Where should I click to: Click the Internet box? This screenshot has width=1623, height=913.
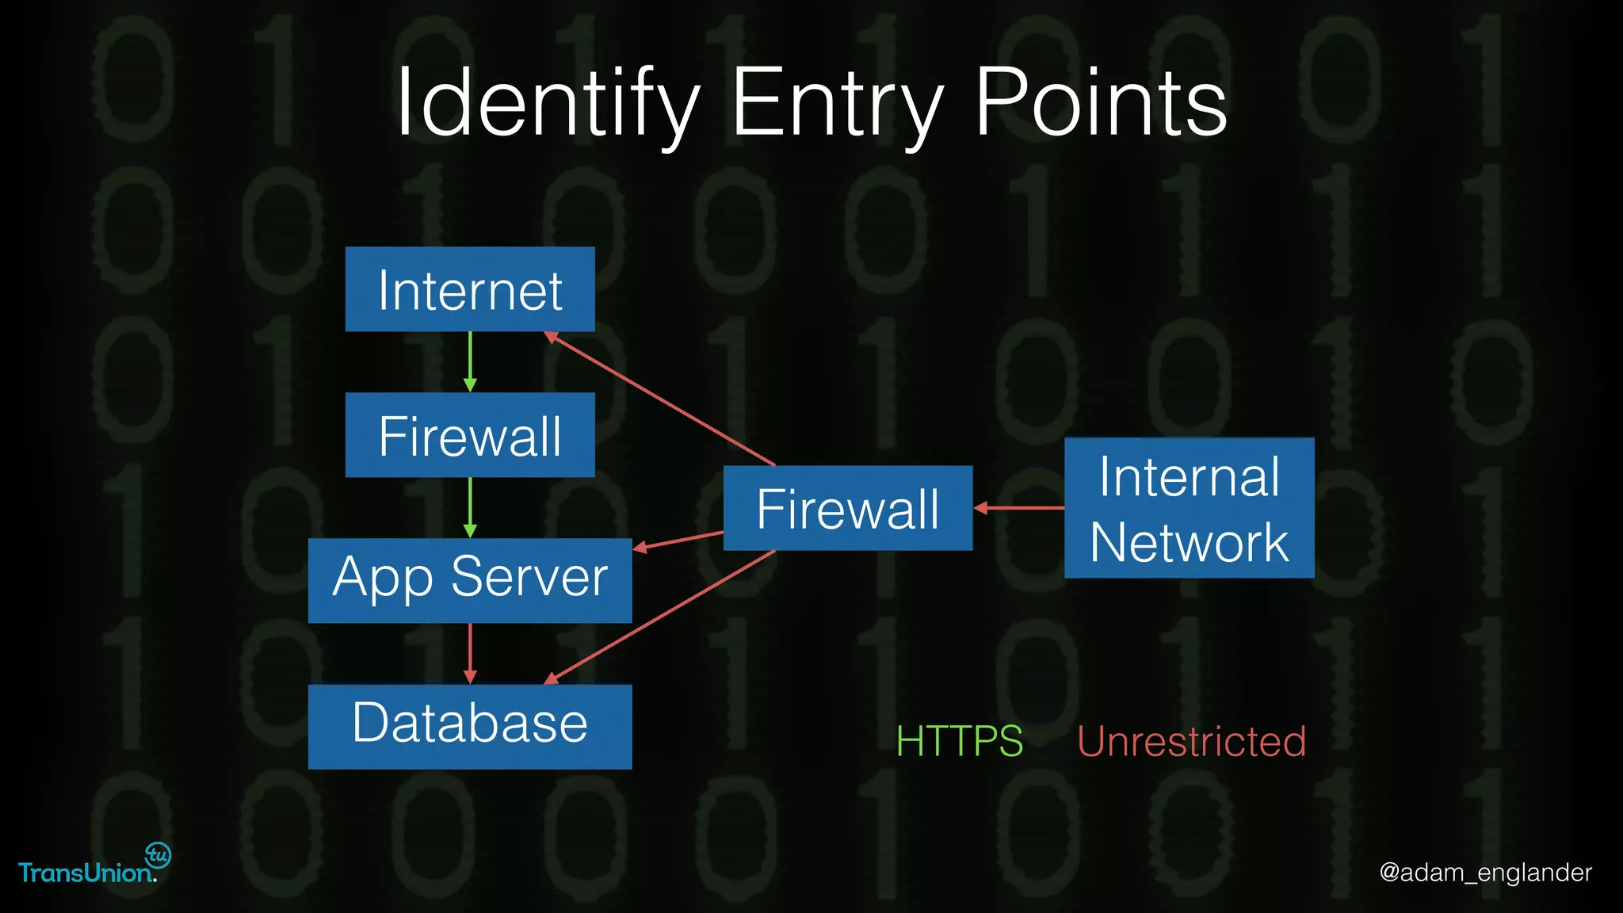tap(470, 289)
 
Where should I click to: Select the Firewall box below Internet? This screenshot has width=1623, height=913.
tap(470, 435)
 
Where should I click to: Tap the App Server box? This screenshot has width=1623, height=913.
tap(470, 580)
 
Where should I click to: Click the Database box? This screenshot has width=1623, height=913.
tap(470, 726)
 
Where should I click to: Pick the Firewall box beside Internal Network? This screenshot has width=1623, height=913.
tap(848, 508)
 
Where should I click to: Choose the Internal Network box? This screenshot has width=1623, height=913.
tap(1189, 508)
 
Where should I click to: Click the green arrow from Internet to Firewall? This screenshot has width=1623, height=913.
tap(470, 361)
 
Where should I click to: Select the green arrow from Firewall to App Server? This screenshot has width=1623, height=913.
tap(470, 507)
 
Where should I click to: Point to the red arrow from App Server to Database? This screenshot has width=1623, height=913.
tap(470, 653)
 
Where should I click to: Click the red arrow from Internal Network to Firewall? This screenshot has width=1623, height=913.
tap(1019, 508)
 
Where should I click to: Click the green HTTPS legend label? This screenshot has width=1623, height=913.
tap(959, 742)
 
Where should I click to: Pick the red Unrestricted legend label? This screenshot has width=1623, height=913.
tap(1191, 742)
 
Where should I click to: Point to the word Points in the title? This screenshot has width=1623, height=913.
tap(1101, 103)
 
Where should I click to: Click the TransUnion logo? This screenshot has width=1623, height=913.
tap(94, 865)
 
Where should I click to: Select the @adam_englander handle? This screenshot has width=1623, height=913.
tap(1485, 873)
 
